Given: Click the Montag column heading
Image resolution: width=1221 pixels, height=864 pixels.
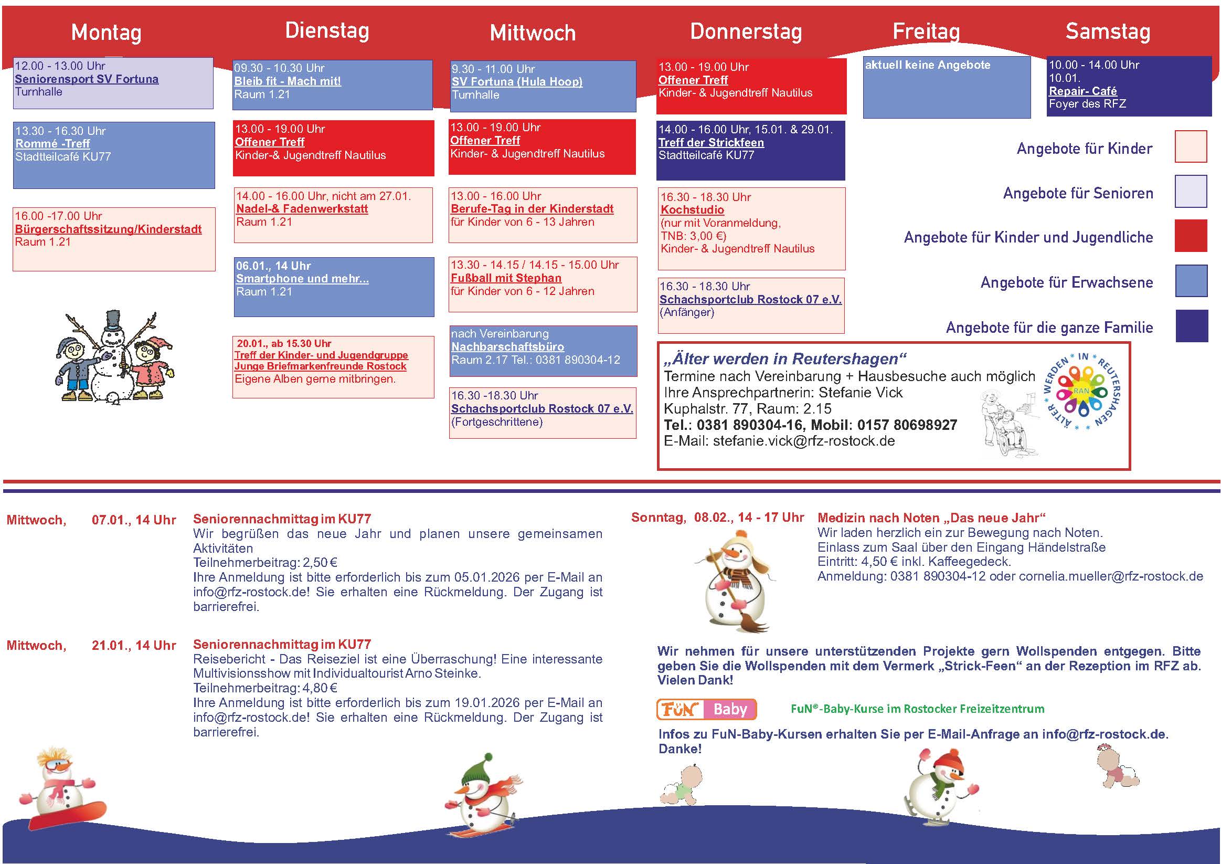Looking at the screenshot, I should [107, 33].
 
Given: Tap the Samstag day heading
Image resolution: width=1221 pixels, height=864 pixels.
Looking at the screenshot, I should [1108, 31].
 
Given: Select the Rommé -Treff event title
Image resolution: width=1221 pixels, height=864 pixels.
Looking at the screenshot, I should [52, 144].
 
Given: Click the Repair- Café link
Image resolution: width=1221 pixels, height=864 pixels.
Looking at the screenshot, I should [1082, 91].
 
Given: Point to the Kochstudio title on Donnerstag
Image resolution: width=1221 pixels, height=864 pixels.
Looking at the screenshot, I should [692, 210].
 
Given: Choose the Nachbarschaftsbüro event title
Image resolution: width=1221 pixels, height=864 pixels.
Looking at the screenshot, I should [507, 347].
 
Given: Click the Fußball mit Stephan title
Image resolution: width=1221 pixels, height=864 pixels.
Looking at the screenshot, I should [506, 278].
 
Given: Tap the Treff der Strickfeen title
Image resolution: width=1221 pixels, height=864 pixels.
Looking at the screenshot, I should [711, 143].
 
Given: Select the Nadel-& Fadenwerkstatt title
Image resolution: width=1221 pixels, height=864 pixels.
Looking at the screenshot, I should [302, 209].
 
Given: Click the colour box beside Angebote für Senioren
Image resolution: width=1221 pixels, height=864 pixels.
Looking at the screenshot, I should [1191, 192].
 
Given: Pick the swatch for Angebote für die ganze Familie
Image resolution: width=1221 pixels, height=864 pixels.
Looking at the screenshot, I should [1191, 325].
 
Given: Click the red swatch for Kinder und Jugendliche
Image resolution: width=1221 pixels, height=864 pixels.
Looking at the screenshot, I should [1191, 236].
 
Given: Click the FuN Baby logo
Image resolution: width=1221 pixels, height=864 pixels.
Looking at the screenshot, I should [706, 709].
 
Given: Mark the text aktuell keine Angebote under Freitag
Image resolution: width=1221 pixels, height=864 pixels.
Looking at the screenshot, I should [928, 66].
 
